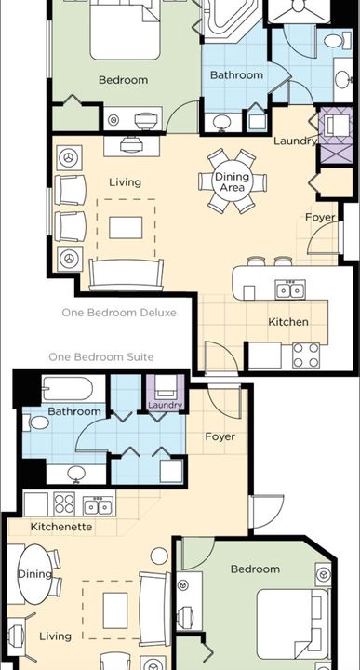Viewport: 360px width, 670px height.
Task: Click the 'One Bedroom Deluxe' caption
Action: coord(119,313)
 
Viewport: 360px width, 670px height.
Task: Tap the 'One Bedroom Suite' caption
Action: coord(100,356)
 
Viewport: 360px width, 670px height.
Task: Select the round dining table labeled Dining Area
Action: coord(232,181)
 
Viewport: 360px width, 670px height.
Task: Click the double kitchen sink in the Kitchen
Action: coord(290,289)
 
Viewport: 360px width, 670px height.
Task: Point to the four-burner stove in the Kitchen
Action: coord(306,355)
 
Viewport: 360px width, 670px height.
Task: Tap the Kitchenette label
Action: coord(61,527)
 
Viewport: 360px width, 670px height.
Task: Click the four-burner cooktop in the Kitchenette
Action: coord(64,503)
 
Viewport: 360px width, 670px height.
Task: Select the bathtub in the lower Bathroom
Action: coord(68,388)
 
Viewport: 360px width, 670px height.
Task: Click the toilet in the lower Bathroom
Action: coord(36,422)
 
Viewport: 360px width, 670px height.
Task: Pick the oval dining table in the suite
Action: coord(34,574)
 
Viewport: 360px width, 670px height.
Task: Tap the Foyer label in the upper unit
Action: coord(320,217)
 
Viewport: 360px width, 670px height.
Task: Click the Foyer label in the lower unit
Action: coord(220,436)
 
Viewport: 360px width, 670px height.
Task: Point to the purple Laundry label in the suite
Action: coord(166,405)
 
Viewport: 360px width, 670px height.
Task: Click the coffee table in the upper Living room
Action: coord(126,227)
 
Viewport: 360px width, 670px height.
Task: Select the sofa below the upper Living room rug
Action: coord(126,275)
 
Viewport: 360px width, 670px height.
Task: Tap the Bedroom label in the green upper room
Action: coord(123,80)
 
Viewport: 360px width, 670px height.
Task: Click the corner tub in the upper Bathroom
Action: coord(231,20)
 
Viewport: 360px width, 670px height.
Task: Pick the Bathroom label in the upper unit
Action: coord(236,75)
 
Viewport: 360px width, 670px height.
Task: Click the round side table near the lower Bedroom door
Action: coord(159,556)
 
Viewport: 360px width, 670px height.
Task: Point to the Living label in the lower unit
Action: coord(56,636)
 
